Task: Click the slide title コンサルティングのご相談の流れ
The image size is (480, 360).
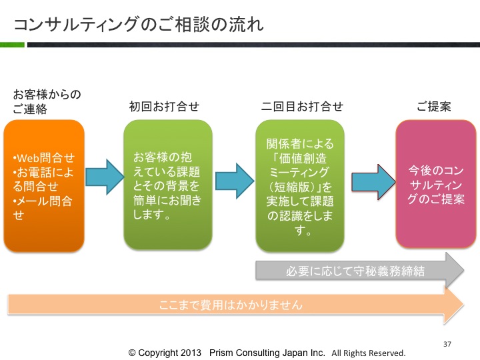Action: [x=139, y=25]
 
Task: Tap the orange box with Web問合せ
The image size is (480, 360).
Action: [x=44, y=186]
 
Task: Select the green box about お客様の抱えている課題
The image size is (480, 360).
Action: [x=168, y=185]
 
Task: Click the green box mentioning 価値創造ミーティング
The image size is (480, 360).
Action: [x=300, y=186]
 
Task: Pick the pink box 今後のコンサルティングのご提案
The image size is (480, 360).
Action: [x=436, y=184]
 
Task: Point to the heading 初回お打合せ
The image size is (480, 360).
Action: [x=165, y=107]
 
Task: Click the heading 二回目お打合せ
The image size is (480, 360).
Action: [x=302, y=107]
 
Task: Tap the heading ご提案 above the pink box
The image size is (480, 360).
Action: [x=434, y=107]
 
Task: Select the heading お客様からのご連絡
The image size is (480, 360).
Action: [x=47, y=101]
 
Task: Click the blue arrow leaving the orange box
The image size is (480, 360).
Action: [x=105, y=177]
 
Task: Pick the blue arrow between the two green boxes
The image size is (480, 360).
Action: [x=235, y=181]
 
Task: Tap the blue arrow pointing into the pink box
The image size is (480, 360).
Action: [x=373, y=182]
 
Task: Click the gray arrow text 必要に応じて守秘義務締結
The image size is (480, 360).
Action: [x=355, y=271]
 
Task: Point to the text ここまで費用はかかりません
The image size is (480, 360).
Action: [x=231, y=305]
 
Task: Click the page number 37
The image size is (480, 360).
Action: [x=447, y=344]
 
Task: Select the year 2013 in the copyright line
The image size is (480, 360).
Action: [x=191, y=353]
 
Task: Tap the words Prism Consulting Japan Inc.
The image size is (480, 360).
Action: [x=267, y=353]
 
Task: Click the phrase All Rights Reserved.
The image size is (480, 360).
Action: [x=369, y=353]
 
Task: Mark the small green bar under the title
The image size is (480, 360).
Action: [x=12, y=45]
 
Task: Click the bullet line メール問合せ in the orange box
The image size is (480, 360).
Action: [x=43, y=208]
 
